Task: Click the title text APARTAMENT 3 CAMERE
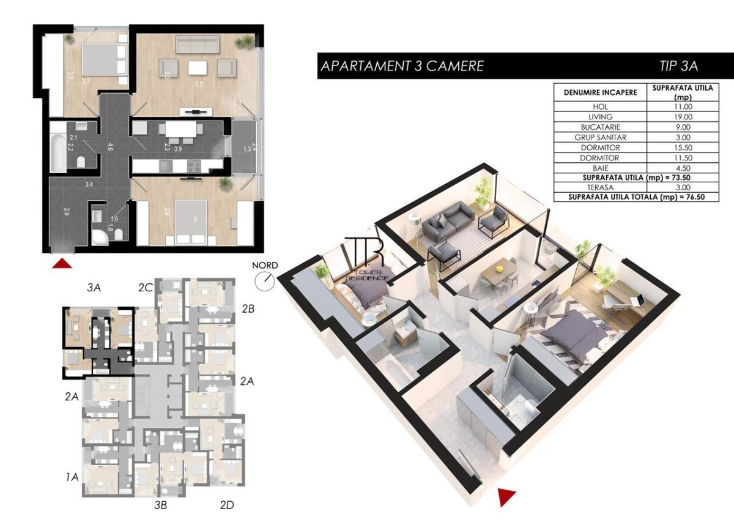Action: (402, 66)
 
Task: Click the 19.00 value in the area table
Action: (680, 117)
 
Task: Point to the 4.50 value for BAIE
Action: (680, 168)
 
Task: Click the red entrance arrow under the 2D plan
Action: (63, 263)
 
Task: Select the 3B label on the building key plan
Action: (160, 505)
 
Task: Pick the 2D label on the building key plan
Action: (226, 505)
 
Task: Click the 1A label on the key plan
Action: (72, 476)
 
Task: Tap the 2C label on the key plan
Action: (145, 286)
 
